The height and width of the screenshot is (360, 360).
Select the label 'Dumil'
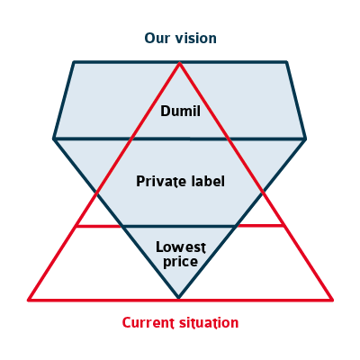pos(180,111)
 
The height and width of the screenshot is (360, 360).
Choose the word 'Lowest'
pos(181,247)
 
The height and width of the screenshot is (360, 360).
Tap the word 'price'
pos(180,261)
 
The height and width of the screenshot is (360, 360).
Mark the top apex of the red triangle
pos(179,63)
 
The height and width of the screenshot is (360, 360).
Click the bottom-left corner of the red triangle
pos(29,300)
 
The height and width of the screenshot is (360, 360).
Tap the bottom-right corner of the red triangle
pos(332,300)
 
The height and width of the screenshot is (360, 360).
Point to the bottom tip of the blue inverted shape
pos(179,298)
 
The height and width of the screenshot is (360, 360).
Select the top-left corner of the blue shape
pos(74,62)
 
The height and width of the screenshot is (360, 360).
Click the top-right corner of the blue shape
pos(287,62)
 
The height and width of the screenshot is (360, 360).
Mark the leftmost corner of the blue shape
pos(54,139)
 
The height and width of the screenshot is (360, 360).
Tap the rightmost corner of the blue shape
pos(305,139)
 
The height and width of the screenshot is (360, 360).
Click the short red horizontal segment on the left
pos(98,226)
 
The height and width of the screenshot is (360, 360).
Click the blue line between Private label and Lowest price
pos(179,226)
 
